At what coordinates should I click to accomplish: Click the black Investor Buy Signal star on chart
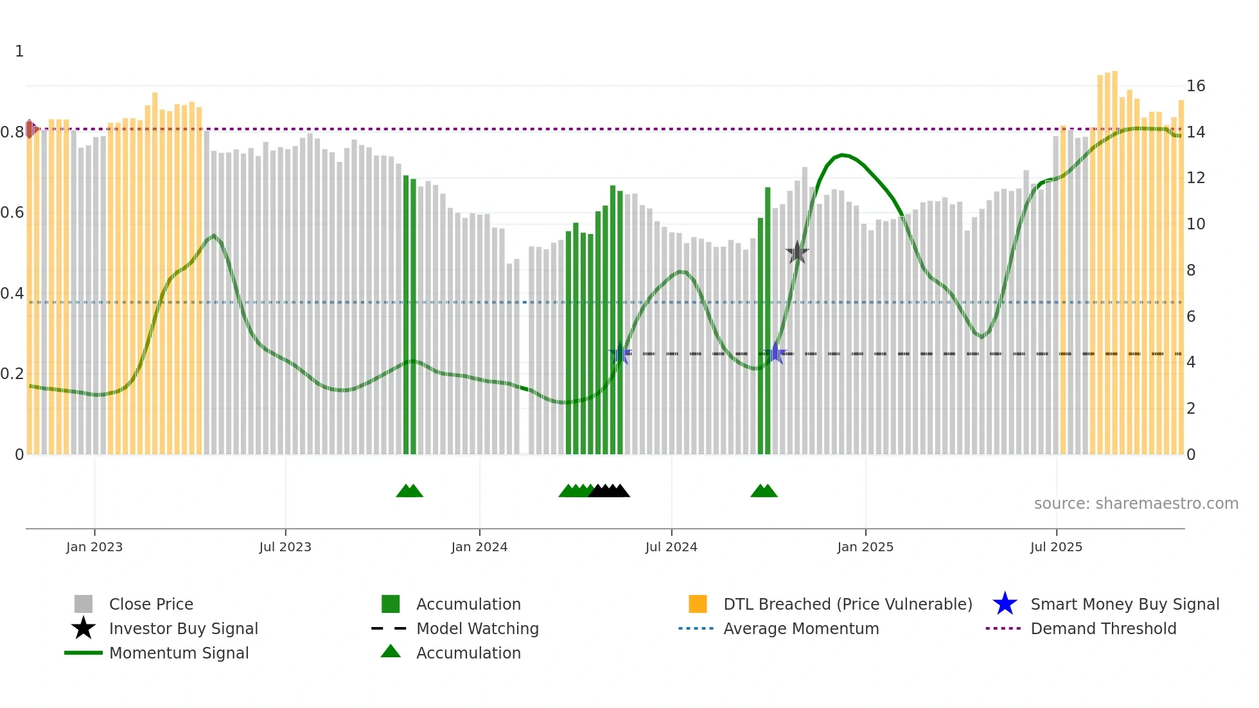point(797,252)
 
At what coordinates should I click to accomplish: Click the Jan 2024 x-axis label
point(479,547)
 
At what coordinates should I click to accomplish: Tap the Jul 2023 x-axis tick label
point(285,547)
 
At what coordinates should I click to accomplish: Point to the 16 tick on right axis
point(1195,86)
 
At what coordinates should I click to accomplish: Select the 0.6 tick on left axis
point(12,213)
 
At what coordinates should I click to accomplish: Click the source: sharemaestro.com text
point(1136,504)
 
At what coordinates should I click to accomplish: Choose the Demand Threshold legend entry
point(1103,628)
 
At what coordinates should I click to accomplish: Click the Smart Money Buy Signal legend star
point(1005,604)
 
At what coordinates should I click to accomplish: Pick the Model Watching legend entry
point(477,628)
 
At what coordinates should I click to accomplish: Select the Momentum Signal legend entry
point(179,653)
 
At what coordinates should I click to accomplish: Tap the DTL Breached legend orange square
point(698,604)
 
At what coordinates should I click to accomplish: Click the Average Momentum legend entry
point(800,628)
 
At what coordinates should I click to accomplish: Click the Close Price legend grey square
point(84,604)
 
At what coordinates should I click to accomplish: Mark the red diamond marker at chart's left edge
point(30,129)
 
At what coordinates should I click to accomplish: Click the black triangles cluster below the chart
point(609,491)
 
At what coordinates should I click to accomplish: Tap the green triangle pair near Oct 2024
point(764,491)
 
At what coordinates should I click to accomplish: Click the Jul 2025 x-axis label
point(1056,547)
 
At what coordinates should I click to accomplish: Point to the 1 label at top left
point(19,51)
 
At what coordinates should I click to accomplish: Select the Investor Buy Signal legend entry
point(183,628)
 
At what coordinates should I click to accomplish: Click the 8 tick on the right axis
point(1191,270)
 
